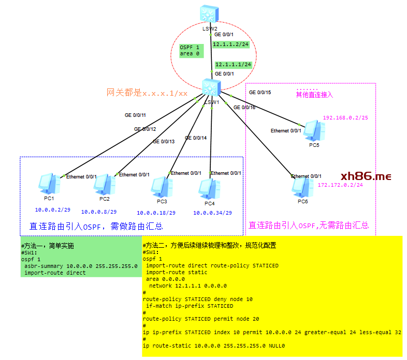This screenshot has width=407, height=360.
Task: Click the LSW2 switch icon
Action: [210, 14]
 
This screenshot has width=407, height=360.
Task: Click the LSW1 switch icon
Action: [210, 88]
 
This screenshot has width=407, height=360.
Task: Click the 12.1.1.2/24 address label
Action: [231, 44]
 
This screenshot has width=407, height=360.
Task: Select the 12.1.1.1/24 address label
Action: [233, 65]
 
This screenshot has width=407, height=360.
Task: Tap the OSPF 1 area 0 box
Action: [190, 50]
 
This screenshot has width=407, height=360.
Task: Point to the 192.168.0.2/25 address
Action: [345, 117]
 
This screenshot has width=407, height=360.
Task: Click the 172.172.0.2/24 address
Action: [340, 185]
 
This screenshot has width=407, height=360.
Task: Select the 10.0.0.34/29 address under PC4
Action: [212, 213]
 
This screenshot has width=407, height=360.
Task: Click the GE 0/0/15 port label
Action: [260, 93]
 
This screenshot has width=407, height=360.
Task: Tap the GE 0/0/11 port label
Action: [135, 115]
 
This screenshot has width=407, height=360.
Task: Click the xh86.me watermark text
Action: [366, 176]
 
